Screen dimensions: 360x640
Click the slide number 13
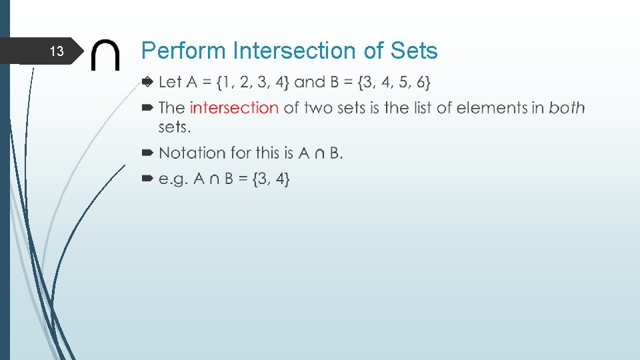coord(57,51)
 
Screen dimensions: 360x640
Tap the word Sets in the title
coord(414,51)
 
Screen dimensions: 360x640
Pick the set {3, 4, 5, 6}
coord(394,83)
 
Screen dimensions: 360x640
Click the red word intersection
coord(234,107)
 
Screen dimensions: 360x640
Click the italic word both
coord(567,107)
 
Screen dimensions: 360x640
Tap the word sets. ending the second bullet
coord(175,127)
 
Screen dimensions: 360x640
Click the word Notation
coord(192,153)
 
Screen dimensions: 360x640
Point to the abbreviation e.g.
coord(174,179)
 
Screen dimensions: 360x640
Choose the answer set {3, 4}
coord(271,179)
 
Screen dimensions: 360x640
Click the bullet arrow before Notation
coord(148,153)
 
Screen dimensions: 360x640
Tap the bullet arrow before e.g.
coord(148,179)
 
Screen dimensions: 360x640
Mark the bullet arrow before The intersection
coord(148,107)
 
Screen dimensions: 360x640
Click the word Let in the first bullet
coord(170,83)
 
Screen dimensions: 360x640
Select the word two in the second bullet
coord(319,107)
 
